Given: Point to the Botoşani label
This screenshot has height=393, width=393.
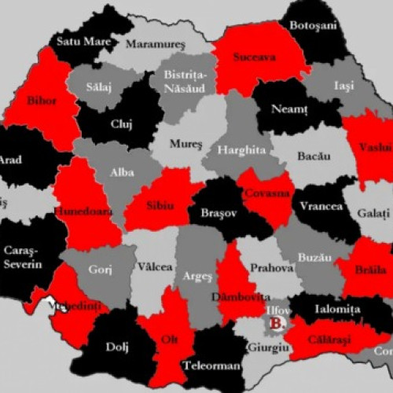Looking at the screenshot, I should point(313,26).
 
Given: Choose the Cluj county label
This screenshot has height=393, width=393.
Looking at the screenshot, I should point(120,123).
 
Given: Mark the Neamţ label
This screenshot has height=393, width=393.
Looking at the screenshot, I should point(289,108).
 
